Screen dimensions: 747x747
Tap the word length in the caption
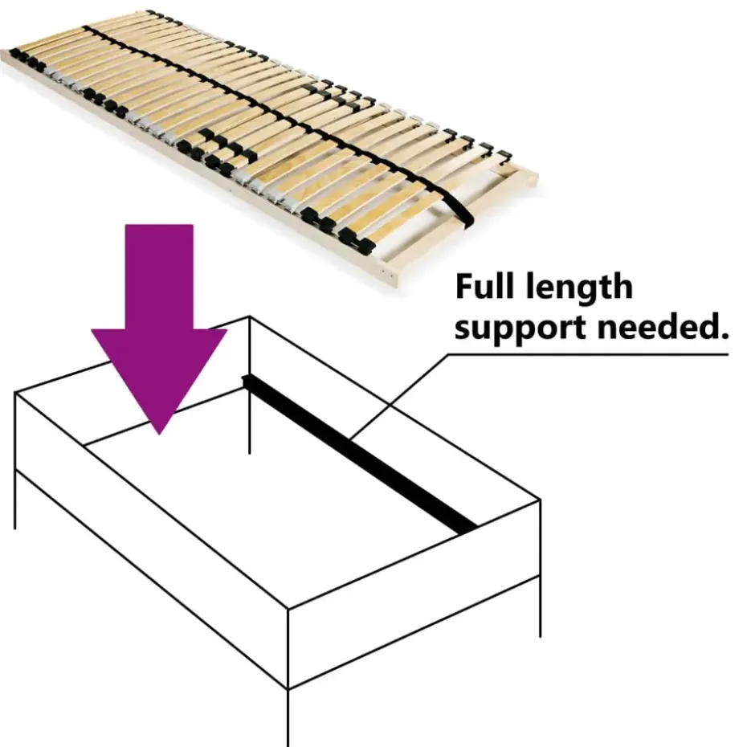tap(580, 286)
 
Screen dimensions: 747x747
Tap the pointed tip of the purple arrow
tap(159, 434)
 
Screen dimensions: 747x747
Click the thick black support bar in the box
tap(360, 455)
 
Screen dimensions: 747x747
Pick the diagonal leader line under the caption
tap(398, 396)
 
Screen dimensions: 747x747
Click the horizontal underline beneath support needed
tap(588, 354)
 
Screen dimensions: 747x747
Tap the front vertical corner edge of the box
tap(288, 677)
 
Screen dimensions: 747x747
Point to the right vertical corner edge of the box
tap(540, 569)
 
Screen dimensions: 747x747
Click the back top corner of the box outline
tap(250, 316)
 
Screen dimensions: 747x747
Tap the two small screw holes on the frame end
tap(388, 273)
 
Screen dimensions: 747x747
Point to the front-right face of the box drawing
tap(414, 594)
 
